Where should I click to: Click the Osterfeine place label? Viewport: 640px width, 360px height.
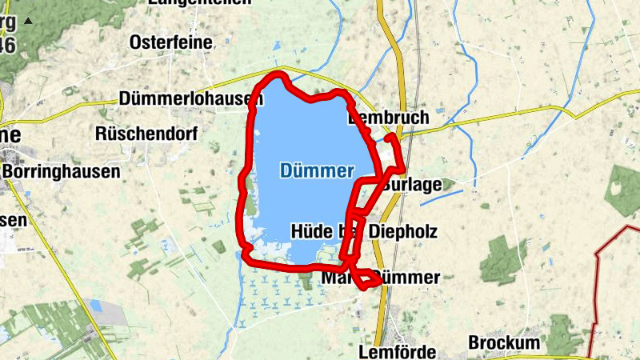170,42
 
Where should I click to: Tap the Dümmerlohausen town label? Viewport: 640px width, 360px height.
190,98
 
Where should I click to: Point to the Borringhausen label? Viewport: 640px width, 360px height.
61,170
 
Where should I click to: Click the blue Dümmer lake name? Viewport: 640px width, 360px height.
317,170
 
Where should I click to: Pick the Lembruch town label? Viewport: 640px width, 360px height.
389,118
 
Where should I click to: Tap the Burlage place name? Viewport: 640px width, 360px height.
412,185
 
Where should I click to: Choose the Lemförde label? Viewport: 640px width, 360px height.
397,352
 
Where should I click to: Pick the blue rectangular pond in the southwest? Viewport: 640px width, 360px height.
97,306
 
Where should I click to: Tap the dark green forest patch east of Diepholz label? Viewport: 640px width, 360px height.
503,260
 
